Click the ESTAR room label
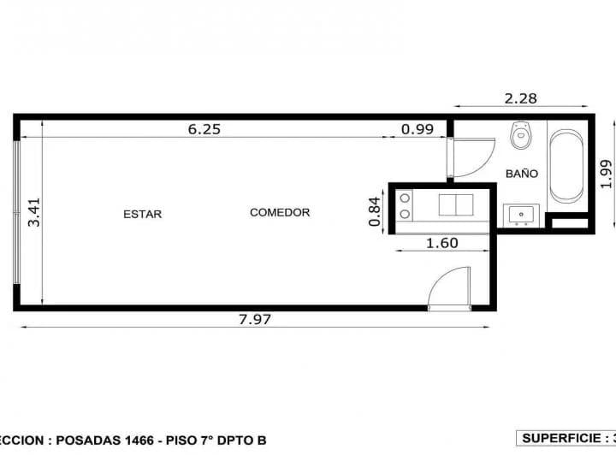pos(142,214)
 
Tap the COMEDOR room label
pos(280,212)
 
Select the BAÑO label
pos(521,173)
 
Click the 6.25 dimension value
pos(204,129)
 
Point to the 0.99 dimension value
pos(418,129)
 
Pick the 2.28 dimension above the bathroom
pos(520,98)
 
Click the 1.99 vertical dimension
pos(607,173)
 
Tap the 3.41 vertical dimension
pos(34,212)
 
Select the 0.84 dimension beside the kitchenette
pos(374,211)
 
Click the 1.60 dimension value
pos(442,243)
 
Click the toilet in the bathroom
pos(520,135)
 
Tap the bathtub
pos(566,166)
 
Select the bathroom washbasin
pos(520,214)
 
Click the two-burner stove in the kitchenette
pos(403,206)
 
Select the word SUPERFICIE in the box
pos(560,438)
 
